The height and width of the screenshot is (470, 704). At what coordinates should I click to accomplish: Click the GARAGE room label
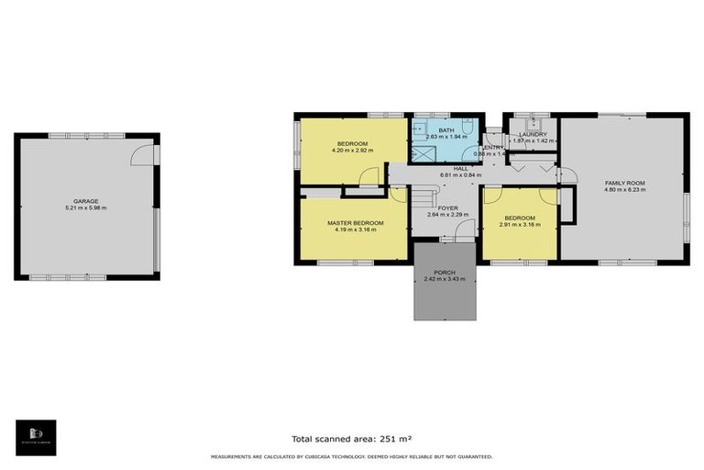[86, 201]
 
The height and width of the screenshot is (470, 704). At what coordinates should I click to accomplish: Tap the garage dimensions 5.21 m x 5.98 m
[86, 208]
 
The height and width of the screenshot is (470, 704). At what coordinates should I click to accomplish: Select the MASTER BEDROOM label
[355, 223]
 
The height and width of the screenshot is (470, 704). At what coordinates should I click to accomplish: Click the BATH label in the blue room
[445, 130]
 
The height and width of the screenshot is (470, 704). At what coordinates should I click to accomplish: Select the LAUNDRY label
[533, 135]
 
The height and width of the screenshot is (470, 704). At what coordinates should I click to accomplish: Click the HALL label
[460, 168]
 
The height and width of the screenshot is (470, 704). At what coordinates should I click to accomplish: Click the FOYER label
[447, 208]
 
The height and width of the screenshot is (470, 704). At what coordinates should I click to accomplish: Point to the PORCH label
[445, 272]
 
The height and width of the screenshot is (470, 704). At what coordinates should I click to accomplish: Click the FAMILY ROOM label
[624, 184]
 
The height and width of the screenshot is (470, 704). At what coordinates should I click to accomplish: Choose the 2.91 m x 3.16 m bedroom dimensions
[519, 225]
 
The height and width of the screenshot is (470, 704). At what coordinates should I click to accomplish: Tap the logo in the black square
[36, 436]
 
